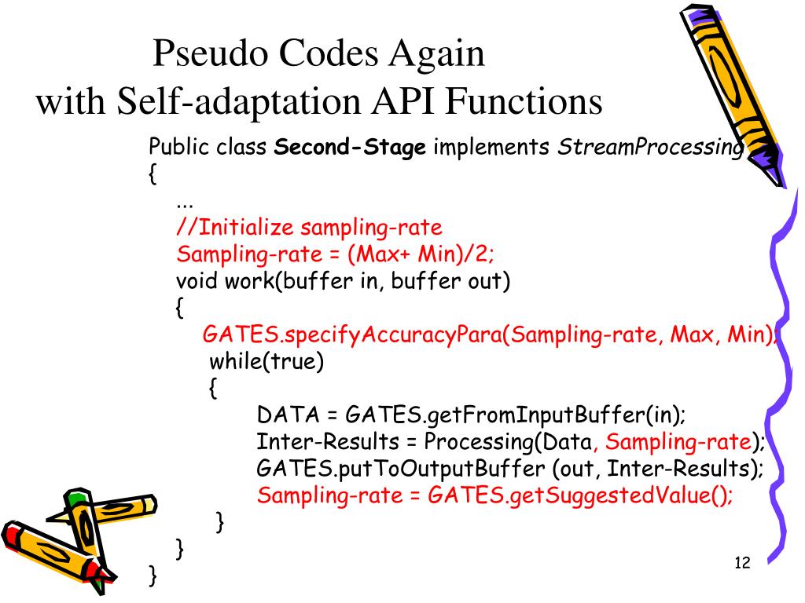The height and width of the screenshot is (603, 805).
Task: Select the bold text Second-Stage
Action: pyautogui.click(x=350, y=147)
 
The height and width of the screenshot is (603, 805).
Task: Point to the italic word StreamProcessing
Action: pyautogui.click(x=649, y=148)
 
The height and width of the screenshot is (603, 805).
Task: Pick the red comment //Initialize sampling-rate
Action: pyautogui.click(x=309, y=228)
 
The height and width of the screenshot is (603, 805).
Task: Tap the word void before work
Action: pyautogui.click(x=197, y=281)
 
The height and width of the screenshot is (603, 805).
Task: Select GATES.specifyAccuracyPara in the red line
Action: pyautogui.click(x=351, y=335)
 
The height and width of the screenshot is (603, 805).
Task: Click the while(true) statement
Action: pyautogui.click(x=266, y=362)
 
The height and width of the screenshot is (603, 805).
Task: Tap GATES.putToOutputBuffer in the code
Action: pyautogui.click(x=401, y=469)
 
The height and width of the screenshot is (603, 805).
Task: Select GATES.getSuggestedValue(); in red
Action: pyautogui.click(x=580, y=496)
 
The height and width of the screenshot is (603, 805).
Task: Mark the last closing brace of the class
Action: pyautogui.click(x=153, y=576)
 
